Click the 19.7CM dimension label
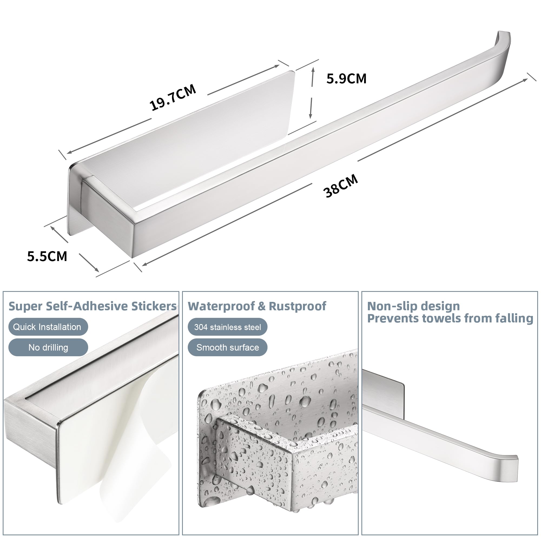pyautogui.click(x=173, y=97)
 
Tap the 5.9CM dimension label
pyautogui.click(x=347, y=79)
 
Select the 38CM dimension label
pyautogui.click(x=341, y=186)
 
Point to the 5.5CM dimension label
pyautogui.click(x=47, y=256)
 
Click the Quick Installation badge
pyautogui.click(x=48, y=327)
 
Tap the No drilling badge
pyautogui.click(x=48, y=348)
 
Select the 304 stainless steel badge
pyautogui.click(x=227, y=327)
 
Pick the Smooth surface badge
pyautogui.click(x=227, y=348)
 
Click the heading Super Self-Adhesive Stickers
pyautogui.click(x=93, y=306)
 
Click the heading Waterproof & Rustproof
pyautogui.click(x=257, y=306)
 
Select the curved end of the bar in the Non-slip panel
pyautogui.click(x=504, y=466)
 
